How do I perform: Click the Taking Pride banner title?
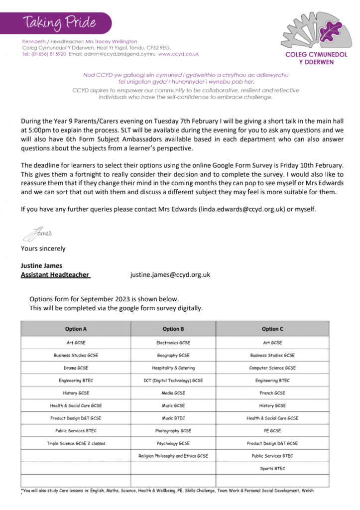58,22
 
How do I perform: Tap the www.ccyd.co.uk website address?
178,54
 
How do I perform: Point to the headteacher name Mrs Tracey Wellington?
111,41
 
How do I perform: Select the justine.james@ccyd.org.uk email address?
170,274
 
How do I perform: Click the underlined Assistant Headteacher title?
55,274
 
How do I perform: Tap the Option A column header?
76,329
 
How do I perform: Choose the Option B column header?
173,329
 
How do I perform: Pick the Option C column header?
272,329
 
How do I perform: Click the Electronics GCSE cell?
173,343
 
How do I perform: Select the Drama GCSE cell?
76,368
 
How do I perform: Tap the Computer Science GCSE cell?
272,368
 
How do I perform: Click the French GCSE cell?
272,393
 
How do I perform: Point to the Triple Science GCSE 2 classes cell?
76,443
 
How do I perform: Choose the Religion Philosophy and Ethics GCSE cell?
173,456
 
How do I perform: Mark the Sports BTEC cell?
272,468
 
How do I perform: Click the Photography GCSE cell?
173,431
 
